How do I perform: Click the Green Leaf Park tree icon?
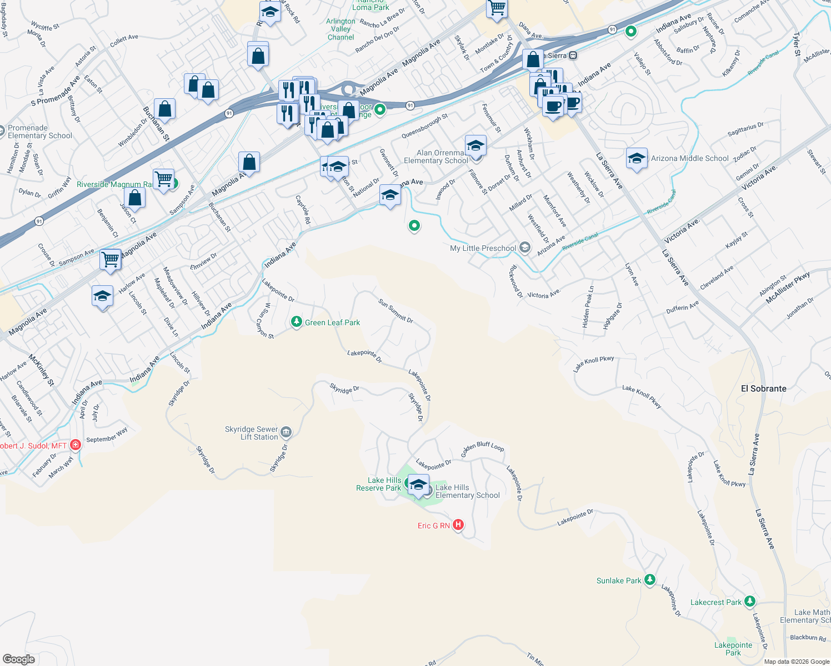click(x=297, y=322)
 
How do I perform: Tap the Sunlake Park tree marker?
click(x=649, y=580)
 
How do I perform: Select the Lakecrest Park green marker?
click(x=750, y=601)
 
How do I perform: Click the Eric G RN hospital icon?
click(x=458, y=524)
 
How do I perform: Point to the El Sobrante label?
click(x=763, y=389)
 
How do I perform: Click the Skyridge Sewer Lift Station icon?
click(x=286, y=432)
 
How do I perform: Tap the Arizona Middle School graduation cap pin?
click(x=637, y=158)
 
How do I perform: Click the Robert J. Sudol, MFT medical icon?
click(x=76, y=445)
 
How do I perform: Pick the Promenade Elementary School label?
click(x=40, y=132)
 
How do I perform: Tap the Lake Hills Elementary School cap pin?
click(x=418, y=485)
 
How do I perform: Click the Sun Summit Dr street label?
click(x=396, y=311)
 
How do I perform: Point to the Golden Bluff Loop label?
click(x=483, y=446)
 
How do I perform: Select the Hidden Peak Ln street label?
click(x=588, y=306)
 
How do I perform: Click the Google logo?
click(x=19, y=659)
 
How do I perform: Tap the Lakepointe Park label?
click(x=733, y=649)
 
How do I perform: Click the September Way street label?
click(x=107, y=435)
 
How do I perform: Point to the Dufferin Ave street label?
click(x=682, y=307)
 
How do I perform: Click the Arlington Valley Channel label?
click(x=341, y=29)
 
